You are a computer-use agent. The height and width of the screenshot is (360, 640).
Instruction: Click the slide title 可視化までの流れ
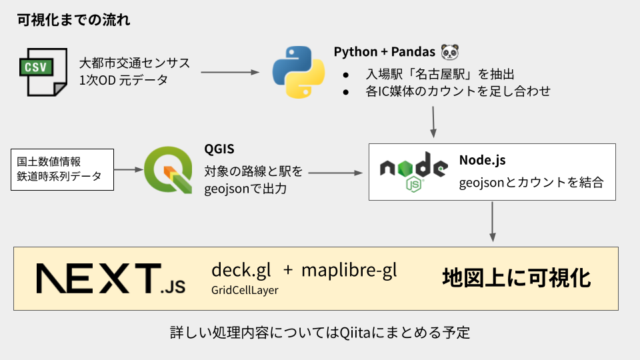click(74, 19)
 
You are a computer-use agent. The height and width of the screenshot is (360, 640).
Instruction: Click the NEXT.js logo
click(111, 278)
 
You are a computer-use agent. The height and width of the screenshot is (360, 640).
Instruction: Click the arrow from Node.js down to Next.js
click(493, 221)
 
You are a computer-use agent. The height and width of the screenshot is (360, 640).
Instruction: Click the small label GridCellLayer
click(245, 291)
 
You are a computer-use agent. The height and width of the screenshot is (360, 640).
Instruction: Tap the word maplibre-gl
click(349, 270)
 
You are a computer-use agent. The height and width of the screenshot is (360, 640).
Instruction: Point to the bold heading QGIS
click(219, 149)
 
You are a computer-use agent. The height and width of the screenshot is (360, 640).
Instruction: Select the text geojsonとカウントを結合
click(531, 181)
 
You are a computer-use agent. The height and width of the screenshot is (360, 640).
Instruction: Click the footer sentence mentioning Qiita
click(320, 332)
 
